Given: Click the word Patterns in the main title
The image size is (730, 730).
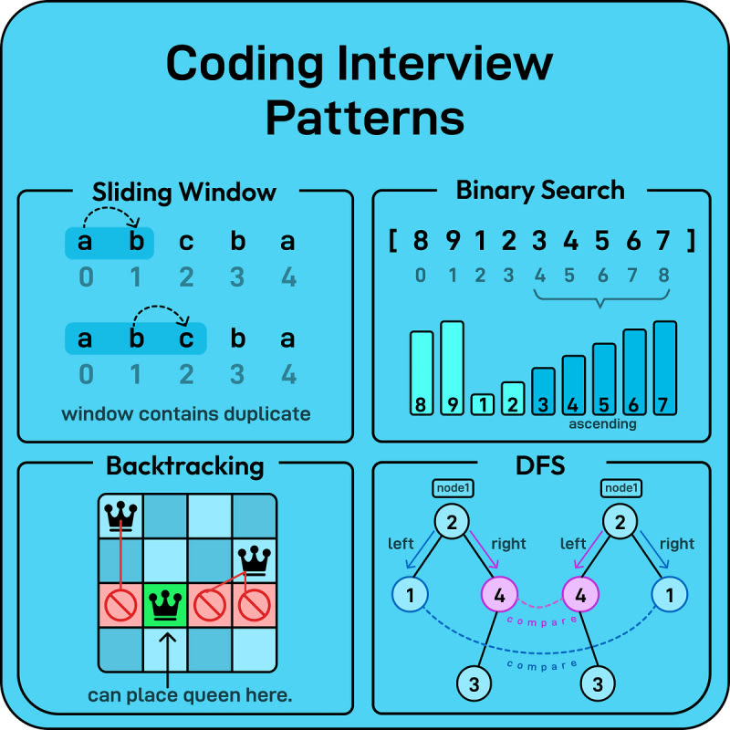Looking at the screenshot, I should [x=365, y=119].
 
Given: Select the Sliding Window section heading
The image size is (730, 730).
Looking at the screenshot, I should [x=184, y=193].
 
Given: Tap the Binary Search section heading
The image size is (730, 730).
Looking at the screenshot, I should [x=540, y=191].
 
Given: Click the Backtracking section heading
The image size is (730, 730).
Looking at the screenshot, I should [x=184, y=466].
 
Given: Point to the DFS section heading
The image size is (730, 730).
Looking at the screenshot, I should [x=540, y=466].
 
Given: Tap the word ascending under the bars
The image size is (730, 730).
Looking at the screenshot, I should [x=601, y=424].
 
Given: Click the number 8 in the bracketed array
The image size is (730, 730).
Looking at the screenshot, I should [x=421, y=242].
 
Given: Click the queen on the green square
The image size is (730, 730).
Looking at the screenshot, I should [x=164, y=604].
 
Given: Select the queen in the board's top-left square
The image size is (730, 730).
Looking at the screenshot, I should [x=120, y=516].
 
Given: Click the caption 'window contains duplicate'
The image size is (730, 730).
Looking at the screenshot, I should [x=185, y=413].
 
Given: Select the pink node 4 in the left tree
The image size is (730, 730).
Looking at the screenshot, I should [x=497, y=596].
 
